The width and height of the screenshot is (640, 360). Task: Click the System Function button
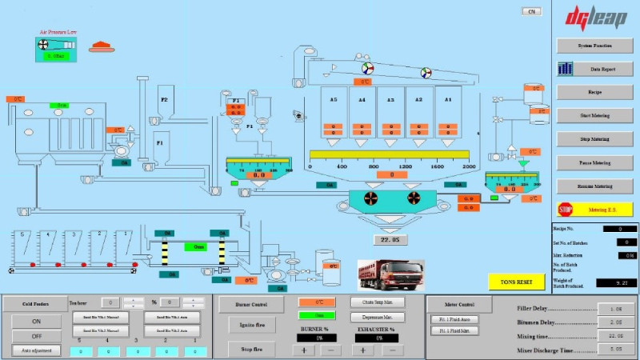(594, 46)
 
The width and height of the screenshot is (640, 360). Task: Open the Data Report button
(594, 70)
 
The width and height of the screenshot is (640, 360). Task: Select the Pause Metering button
(594, 162)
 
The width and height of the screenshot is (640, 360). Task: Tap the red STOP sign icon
(566, 210)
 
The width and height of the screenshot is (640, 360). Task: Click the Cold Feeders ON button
(36, 321)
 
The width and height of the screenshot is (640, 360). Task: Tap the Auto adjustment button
(36, 350)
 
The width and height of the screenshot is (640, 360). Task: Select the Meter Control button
(458, 304)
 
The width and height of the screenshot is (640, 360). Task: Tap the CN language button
(532, 11)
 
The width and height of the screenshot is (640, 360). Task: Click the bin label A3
(391, 100)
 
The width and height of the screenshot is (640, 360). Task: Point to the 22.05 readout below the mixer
(391, 239)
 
